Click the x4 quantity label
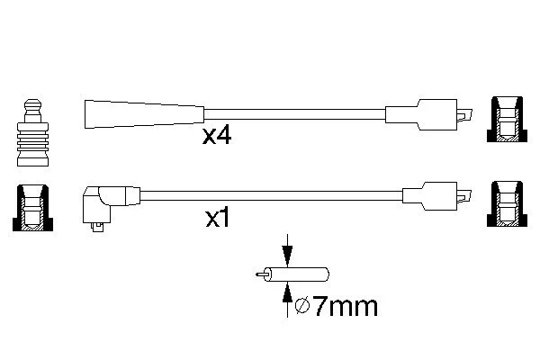coord(217,135)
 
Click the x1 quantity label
coord(217,218)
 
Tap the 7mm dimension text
coord(346,307)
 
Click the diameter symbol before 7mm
coord(302,306)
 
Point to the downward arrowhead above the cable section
coord(287,256)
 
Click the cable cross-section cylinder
coord(296,274)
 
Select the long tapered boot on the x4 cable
coord(144,114)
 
